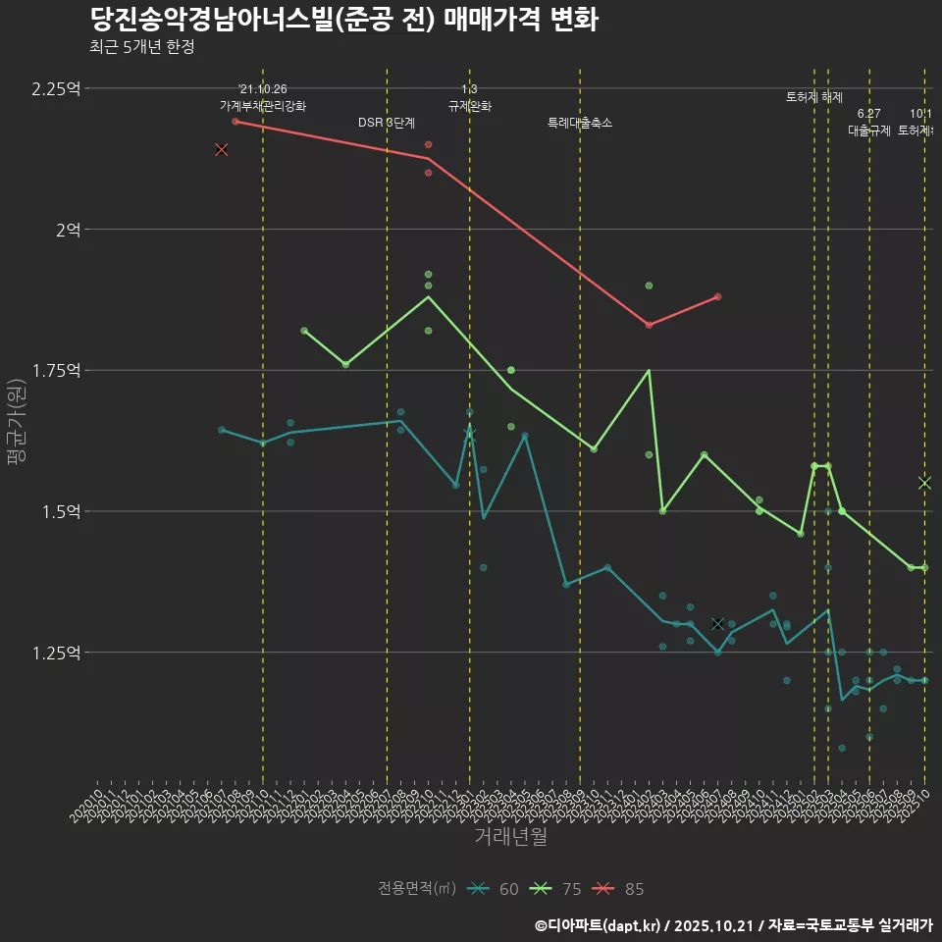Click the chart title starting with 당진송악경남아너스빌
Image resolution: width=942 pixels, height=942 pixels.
(x=343, y=20)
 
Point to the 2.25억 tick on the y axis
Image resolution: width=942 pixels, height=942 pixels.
(x=56, y=88)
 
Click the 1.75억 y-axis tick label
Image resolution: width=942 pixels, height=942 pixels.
(x=56, y=370)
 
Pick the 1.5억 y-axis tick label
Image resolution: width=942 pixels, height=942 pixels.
(x=62, y=511)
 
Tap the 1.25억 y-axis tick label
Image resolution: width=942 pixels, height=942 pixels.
(x=56, y=653)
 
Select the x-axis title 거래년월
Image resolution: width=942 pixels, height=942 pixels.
(x=510, y=836)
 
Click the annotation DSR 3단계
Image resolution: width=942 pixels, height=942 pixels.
(x=387, y=123)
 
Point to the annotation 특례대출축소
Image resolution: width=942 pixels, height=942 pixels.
(x=579, y=123)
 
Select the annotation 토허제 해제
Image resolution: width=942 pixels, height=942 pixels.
(x=814, y=97)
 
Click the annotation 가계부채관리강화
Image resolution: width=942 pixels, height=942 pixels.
(x=262, y=106)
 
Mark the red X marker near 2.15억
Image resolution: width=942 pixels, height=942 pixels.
(x=222, y=149)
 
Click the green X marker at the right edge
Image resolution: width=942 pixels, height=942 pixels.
(x=924, y=483)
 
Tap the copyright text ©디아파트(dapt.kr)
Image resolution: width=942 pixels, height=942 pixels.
(x=598, y=925)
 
